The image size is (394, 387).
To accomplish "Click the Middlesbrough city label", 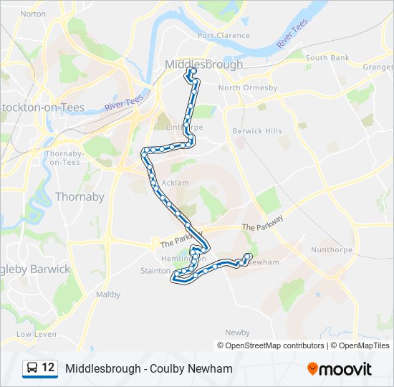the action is (x=203, y=64).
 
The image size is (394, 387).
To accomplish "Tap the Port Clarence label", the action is (x=224, y=35).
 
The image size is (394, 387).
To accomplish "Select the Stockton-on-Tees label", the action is (x=42, y=107).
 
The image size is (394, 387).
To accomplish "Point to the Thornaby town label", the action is (x=80, y=196).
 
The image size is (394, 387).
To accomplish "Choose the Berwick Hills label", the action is (x=257, y=131).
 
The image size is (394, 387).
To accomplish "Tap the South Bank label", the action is (x=327, y=57).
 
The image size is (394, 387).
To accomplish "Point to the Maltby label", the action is (x=108, y=294).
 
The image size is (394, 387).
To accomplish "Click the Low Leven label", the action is (x=36, y=334).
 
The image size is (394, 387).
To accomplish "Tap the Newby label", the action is (x=237, y=333).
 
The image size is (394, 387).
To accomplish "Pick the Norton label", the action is (x=33, y=14).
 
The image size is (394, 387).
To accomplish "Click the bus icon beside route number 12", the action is (x=32, y=368).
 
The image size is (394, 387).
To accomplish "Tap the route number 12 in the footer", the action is (x=48, y=368).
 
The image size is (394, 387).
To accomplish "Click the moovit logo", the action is (x=340, y=369).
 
